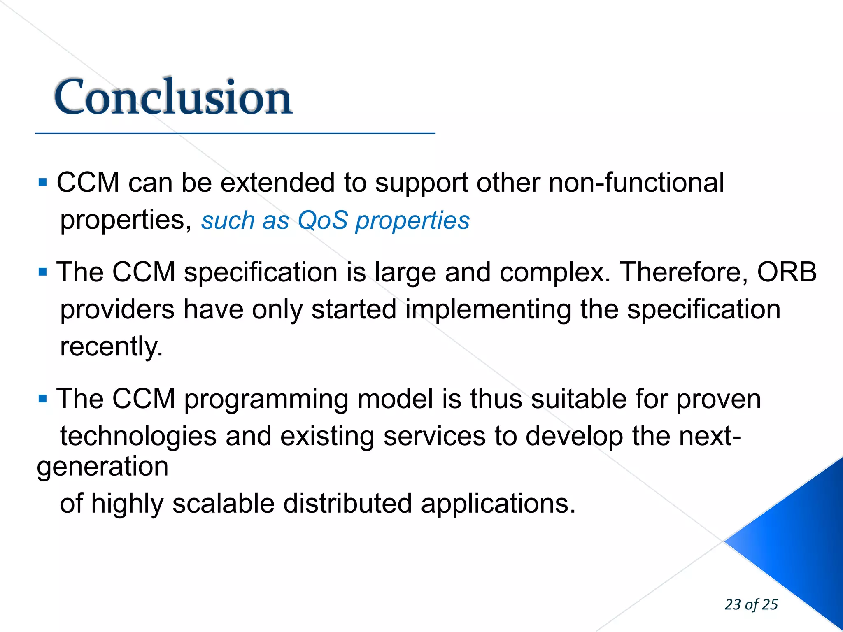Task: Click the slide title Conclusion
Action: point(173,97)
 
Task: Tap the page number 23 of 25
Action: point(751,604)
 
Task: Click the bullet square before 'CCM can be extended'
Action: point(42,182)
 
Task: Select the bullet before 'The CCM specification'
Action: point(42,272)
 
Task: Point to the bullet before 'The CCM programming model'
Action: point(42,398)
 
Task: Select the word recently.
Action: point(111,346)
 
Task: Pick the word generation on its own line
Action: point(102,466)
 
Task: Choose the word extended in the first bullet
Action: point(277,182)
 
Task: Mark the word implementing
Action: point(488,309)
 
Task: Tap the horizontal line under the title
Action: point(235,133)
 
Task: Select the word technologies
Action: point(138,436)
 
